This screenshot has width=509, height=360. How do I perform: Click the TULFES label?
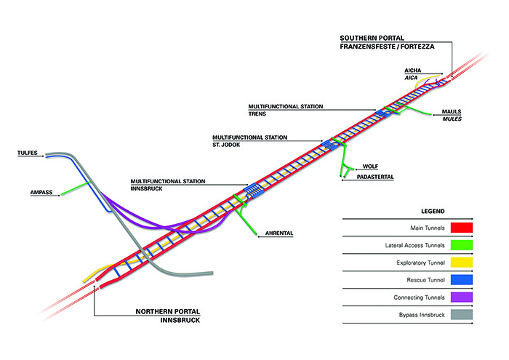(28, 153)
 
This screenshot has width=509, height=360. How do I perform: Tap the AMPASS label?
(41, 193)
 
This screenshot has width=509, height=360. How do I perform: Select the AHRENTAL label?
(279, 233)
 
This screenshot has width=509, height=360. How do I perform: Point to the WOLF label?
(370, 167)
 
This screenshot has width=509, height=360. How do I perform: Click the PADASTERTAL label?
(375, 177)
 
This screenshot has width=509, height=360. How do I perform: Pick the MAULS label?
(452, 112)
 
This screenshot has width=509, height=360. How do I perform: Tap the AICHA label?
(412, 71)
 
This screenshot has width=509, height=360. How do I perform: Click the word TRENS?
(257, 114)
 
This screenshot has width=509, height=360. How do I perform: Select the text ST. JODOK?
(226, 145)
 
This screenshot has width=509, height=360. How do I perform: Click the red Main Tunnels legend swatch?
(462, 228)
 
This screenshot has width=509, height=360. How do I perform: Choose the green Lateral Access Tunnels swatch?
(462, 245)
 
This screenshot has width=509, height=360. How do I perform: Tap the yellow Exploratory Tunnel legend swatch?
(462, 263)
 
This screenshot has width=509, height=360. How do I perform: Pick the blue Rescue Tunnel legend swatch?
(462, 280)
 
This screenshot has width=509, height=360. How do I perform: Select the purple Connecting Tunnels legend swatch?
(462, 297)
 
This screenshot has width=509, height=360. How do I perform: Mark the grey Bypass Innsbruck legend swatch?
(462, 315)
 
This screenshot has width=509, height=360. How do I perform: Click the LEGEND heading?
(433, 212)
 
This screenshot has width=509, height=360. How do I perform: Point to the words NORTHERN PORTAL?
(168, 311)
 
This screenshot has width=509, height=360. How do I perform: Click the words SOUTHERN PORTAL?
(372, 38)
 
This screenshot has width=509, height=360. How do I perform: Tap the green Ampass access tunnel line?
(75, 189)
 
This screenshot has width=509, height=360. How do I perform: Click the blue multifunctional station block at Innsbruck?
(254, 189)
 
